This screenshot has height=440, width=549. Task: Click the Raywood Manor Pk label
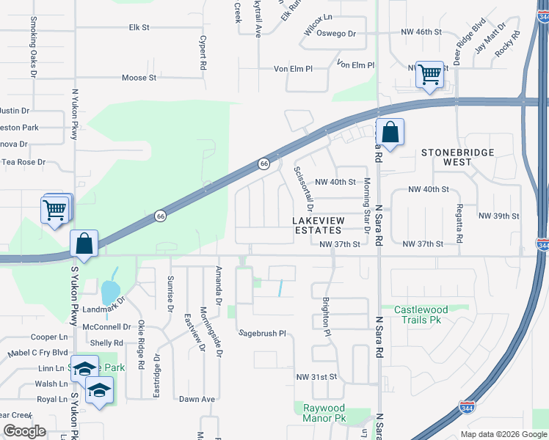[x=324, y=413]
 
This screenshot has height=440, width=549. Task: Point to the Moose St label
[x=139, y=77]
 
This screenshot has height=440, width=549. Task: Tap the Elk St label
[x=139, y=27]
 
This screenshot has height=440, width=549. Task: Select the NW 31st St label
[x=316, y=377]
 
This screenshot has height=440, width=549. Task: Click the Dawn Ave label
[x=197, y=400]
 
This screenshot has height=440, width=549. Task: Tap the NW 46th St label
[x=421, y=32]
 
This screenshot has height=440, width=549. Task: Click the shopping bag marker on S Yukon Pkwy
[x=84, y=243]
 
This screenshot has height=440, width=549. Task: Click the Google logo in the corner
[x=24, y=431]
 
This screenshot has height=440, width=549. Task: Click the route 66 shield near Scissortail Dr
[x=262, y=164]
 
